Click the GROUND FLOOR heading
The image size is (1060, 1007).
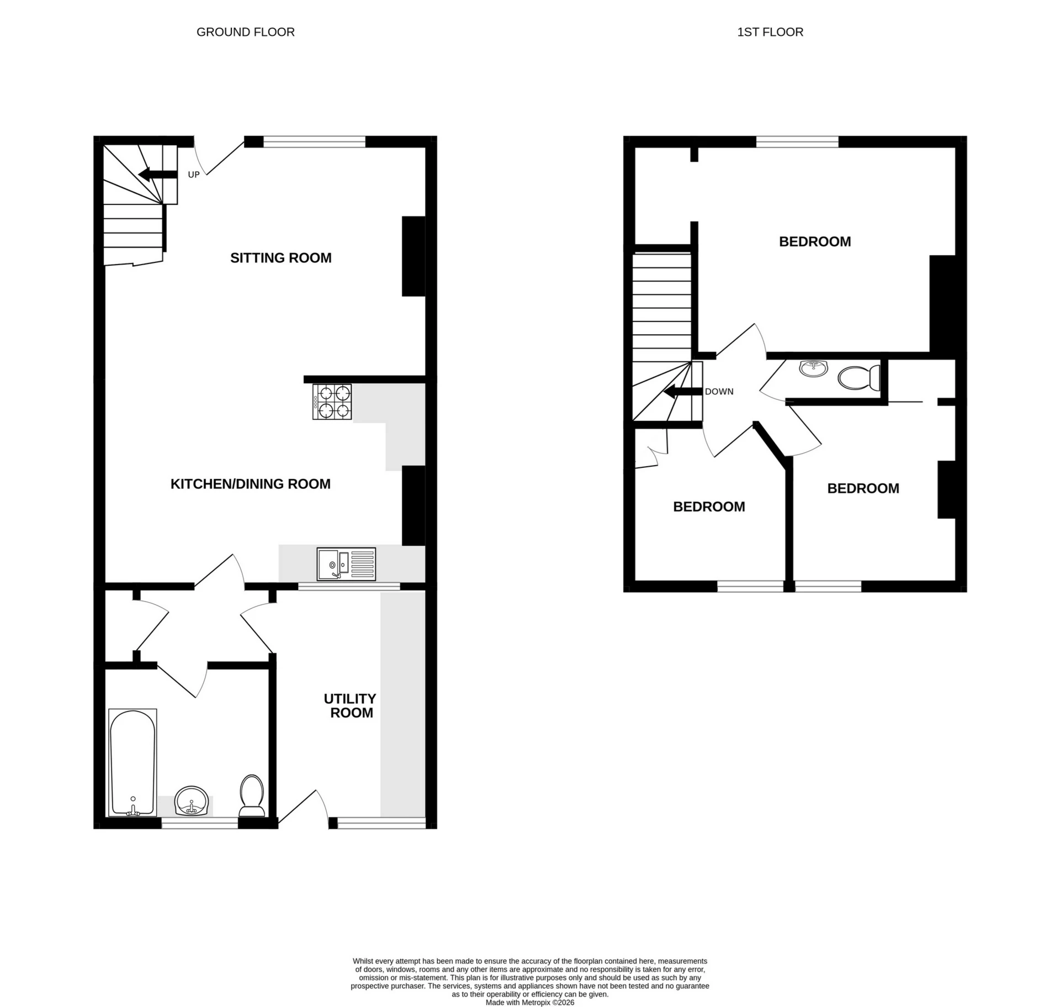pyautogui.click(x=245, y=32)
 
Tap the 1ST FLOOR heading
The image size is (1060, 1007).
pyautogui.click(x=770, y=32)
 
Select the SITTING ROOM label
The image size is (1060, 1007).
pyautogui.click(x=280, y=258)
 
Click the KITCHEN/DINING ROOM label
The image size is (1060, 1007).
pyautogui.click(x=250, y=484)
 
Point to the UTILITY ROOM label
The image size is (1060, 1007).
pyautogui.click(x=350, y=705)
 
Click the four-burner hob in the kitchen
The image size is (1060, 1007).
pyautogui.click(x=332, y=402)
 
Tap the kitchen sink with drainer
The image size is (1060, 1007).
pyautogui.click(x=346, y=563)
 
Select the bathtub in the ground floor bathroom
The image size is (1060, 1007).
pyautogui.click(x=132, y=762)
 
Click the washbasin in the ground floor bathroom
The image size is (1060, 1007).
pyautogui.click(x=191, y=801)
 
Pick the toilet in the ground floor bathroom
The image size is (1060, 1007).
pyautogui.click(x=252, y=795)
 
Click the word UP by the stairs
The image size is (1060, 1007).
pyautogui.click(x=193, y=175)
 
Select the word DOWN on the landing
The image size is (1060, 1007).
pyautogui.click(x=719, y=392)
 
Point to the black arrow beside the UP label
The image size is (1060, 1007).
pyautogui.click(x=157, y=175)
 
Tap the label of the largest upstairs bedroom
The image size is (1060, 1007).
pyautogui.click(x=814, y=241)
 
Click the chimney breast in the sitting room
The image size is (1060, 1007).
pyautogui.click(x=413, y=256)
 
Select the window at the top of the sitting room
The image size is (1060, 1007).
pyautogui.click(x=314, y=142)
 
